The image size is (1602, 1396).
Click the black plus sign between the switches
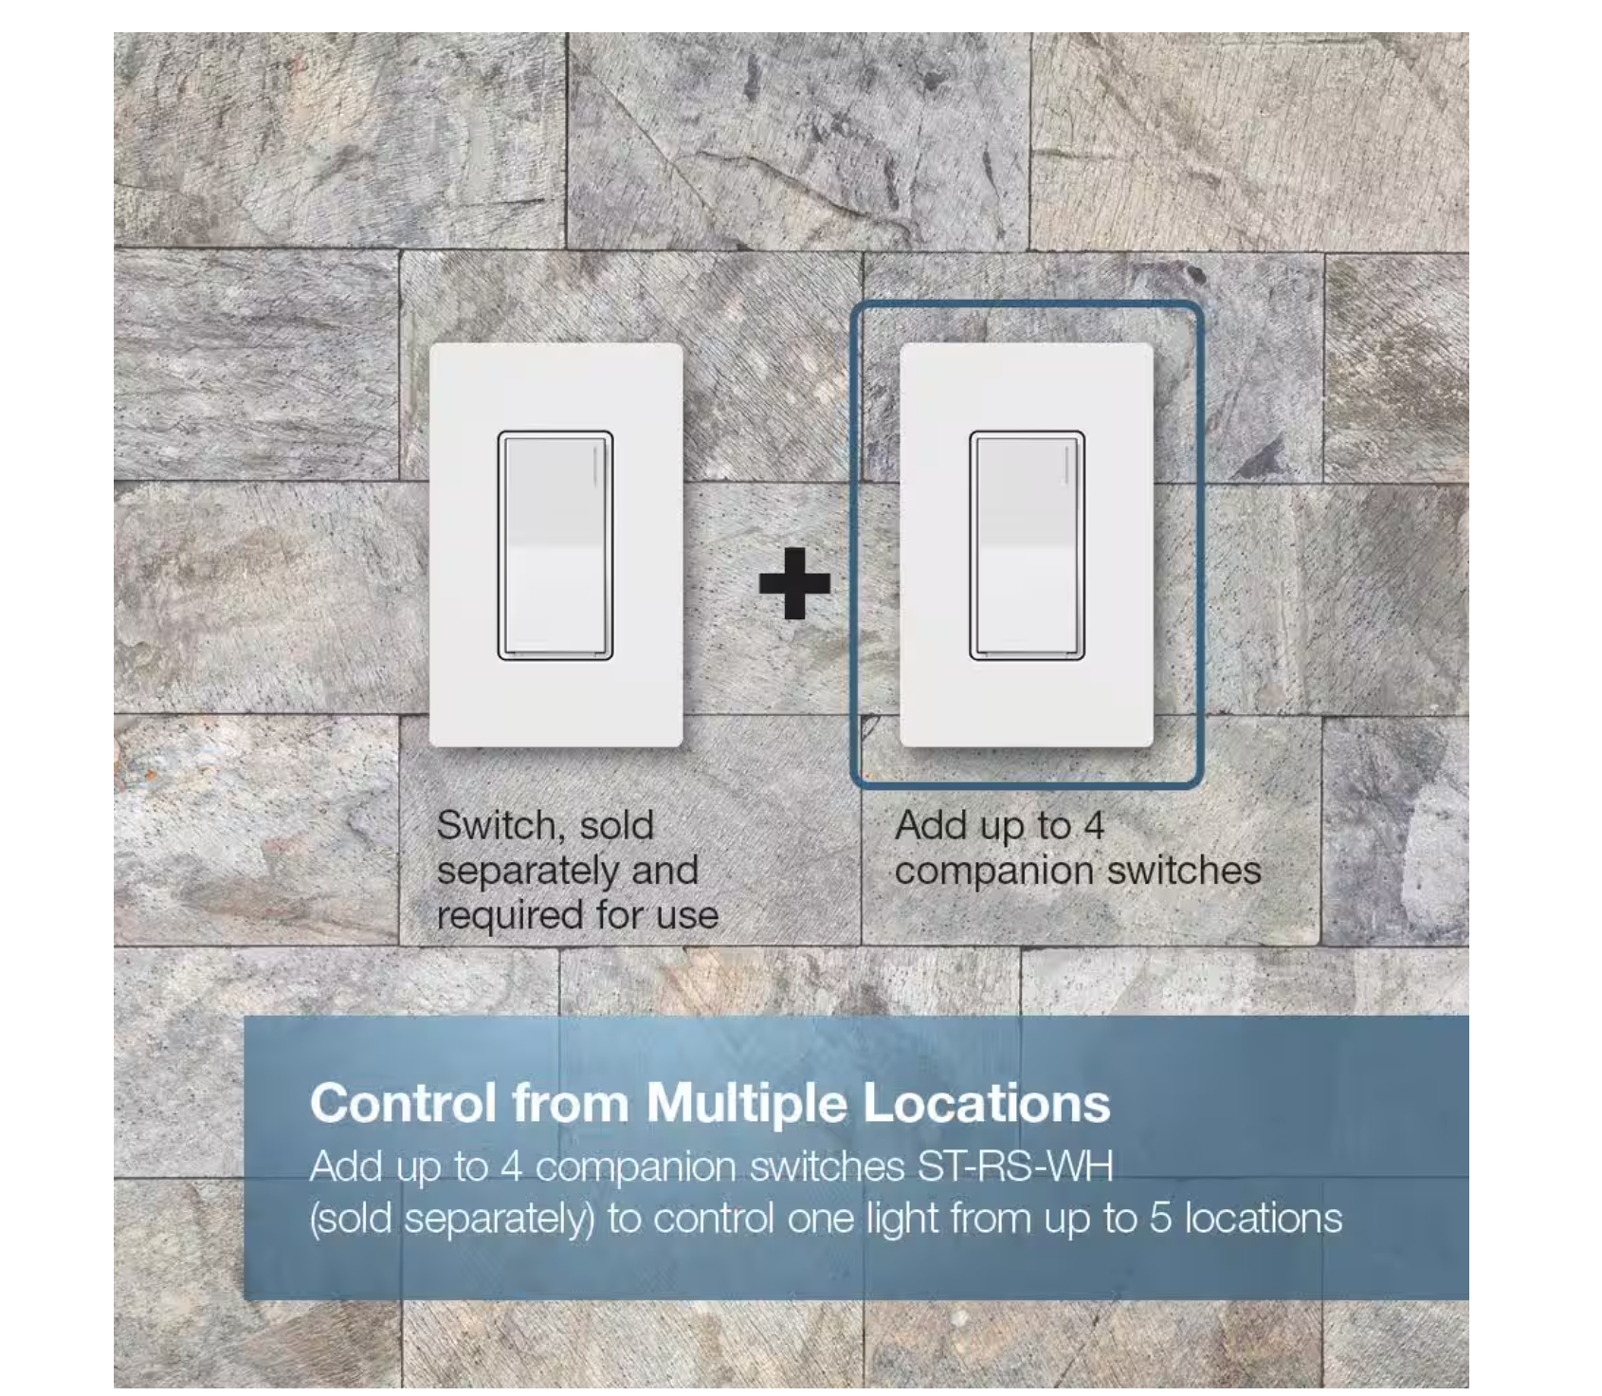pyautogui.click(x=794, y=583)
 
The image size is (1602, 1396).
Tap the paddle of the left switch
pyautogui.click(x=555, y=545)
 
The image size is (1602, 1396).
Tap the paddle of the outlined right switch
pyautogui.click(x=1027, y=545)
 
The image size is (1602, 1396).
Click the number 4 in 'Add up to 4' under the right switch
pyautogui.click(x=1094, y=826)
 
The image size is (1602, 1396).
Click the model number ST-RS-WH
pyautogui.click(x=1014, y=1166)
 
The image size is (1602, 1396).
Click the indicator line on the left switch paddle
pyautogui.click(x=594, y=466)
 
